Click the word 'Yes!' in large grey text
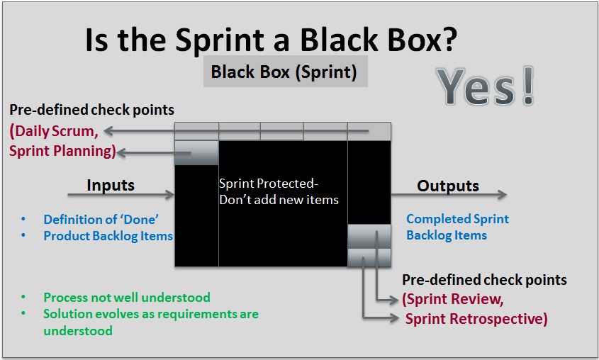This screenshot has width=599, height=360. click(x=485, y=88)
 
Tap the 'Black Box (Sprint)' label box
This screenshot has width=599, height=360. click(x=284, y=72)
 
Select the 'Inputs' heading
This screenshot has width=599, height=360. click(x=111, y=185)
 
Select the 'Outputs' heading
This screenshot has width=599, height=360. click(x=448, y=186)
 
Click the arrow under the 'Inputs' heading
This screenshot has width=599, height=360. click(x=121, y=194)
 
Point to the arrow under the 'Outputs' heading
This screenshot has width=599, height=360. click(x=449, y=195)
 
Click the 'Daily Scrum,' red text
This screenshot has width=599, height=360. click(x=55, y=130)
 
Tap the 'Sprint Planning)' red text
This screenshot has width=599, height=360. click(x=62, y=150)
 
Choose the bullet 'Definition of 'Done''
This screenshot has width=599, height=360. click(x=100, y=219)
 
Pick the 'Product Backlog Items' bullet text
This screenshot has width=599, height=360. click(x=108, y=235)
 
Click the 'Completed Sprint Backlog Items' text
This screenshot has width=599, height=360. click(x=457, y=227)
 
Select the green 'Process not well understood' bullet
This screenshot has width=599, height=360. click(x=127, y=298)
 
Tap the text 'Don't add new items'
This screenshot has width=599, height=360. click(x=279, y=199)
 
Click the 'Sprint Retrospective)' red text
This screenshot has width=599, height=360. click(x=476, y=319)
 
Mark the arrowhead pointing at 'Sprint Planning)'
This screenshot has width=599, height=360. click(x=121, y=151)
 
